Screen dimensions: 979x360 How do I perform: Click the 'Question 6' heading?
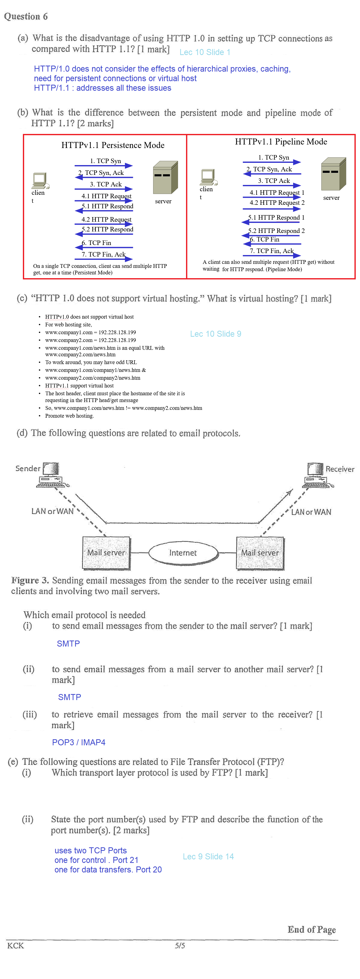26,16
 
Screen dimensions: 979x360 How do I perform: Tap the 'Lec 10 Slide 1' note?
205,52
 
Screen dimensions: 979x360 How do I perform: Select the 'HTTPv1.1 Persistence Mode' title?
113,145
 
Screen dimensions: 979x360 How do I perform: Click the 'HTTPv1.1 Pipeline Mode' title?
281,142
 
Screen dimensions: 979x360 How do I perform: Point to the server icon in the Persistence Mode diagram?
165,177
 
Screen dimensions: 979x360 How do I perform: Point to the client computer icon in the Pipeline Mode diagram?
208,177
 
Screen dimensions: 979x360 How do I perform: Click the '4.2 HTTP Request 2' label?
277,203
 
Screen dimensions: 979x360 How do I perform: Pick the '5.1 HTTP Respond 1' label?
276,217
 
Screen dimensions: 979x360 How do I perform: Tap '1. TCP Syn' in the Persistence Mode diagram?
105,161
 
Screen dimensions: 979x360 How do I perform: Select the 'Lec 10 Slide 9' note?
215,334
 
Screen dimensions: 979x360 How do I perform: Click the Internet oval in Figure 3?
183,553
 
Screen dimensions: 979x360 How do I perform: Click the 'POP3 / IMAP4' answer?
79,742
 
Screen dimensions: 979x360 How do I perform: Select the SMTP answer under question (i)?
68,644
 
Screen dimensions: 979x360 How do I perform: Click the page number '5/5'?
180,945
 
